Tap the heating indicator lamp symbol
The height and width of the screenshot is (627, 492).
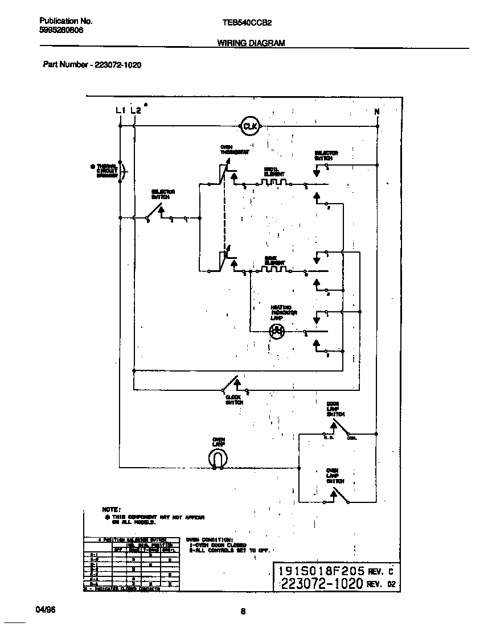[277, 331]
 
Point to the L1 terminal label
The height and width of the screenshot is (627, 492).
[120, 110]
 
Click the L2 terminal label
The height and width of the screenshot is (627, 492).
[136, 110]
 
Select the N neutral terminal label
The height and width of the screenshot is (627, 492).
[377, 112]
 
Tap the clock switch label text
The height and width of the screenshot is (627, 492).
[234, 399]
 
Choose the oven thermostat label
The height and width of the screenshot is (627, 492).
[235, 150]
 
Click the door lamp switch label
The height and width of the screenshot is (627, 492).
[335, 409]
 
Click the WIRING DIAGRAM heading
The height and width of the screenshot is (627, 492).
[251, 43]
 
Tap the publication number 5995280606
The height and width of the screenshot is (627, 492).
[61, 31]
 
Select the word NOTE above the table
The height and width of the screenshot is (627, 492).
[111, 509]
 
